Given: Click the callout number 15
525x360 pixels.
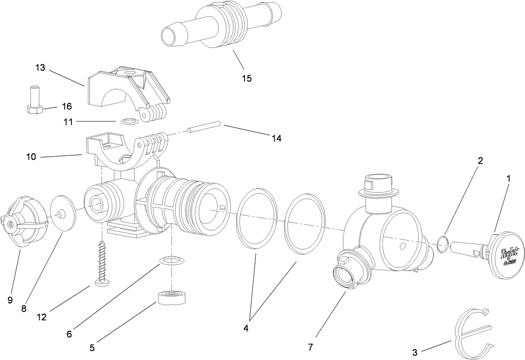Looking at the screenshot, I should tap(247, 78).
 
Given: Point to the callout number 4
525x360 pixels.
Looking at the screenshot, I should tap(246, 328).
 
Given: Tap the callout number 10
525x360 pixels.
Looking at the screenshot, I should tap(31, 157).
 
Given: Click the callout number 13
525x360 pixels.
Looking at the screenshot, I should tap(40, 67).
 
